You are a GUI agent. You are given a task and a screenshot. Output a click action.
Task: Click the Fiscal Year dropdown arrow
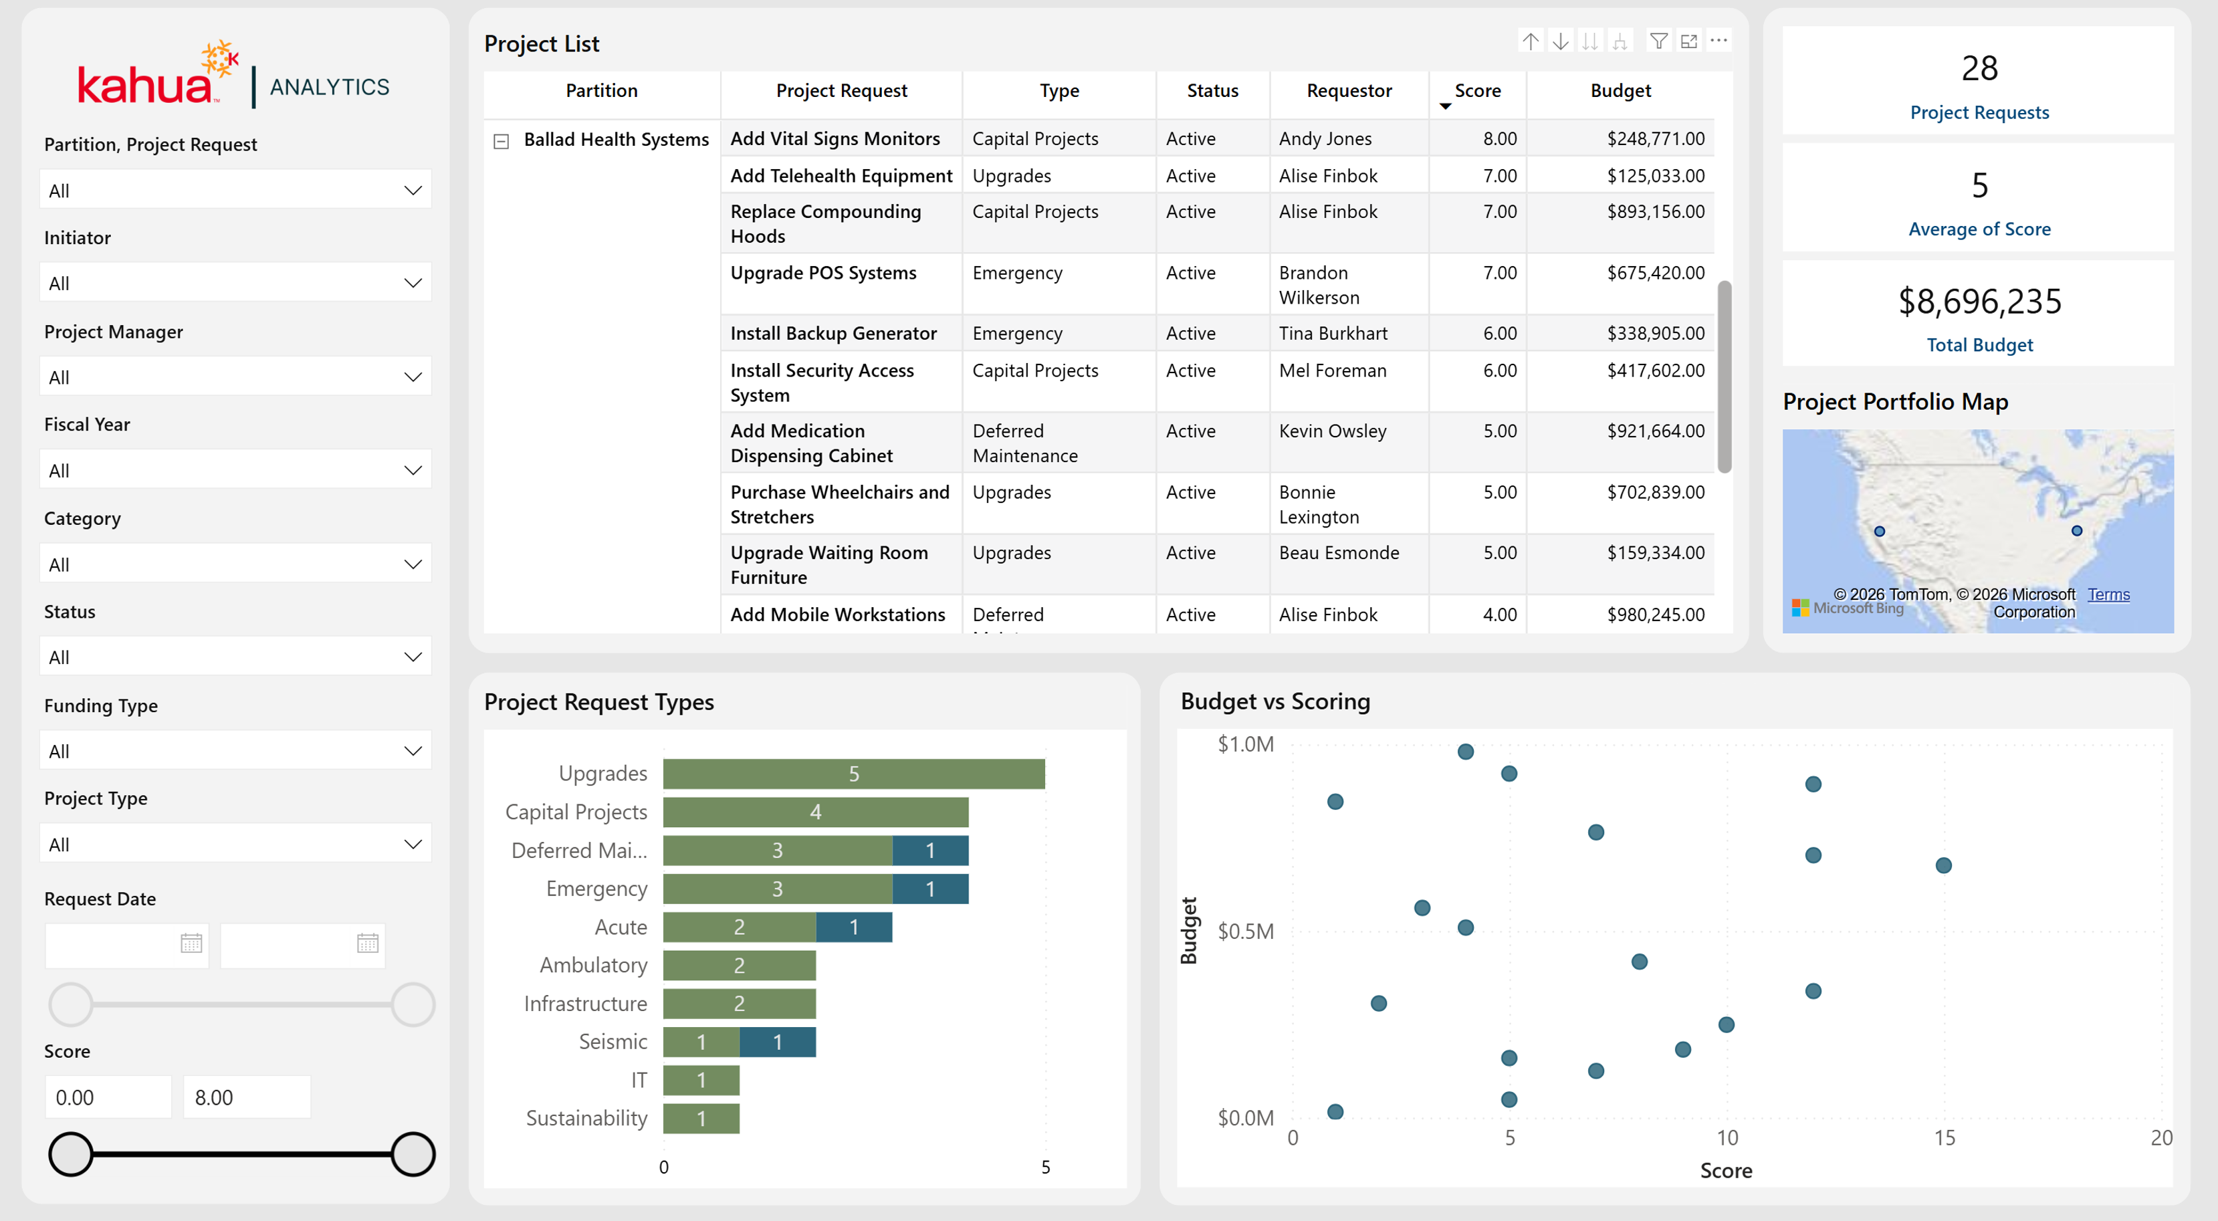[x=413, y=470]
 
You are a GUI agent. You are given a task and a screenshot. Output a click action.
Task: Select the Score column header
[x=1478, y=90]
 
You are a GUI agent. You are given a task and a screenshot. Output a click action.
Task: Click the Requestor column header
[x=1348, y=90]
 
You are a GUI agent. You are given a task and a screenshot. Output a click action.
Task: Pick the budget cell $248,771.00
[x=1655, y=138]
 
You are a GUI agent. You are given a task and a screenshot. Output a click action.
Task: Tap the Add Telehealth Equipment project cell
[x=841, y=176]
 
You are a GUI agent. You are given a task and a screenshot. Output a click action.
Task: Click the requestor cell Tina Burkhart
[x=1333, y=333]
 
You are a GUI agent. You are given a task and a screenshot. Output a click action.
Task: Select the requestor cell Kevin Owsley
[x=1332, y=431]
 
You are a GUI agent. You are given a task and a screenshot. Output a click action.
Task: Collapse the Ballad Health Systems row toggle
[x=501, y=140]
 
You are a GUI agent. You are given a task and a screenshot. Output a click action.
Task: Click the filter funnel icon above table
[x=1658, y=41]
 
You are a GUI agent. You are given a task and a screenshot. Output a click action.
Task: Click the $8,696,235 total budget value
[x=1979, y=302]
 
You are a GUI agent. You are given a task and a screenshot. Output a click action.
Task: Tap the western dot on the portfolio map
[x=1880, y=532]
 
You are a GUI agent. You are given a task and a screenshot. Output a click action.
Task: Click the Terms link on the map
[x=2108, y=594]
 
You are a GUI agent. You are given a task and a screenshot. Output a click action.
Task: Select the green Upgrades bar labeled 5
[x=853, y=773]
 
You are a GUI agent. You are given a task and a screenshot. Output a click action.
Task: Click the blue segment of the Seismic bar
[x=778, y=1042]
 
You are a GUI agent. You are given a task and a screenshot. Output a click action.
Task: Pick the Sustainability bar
[x=701, y=1119]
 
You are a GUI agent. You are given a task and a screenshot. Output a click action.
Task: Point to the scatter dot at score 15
[x=1943, y=865]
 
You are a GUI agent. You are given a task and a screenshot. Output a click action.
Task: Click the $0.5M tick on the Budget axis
[x=1245, y=931]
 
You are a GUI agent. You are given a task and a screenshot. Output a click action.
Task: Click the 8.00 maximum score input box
[x=246, y=1097]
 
